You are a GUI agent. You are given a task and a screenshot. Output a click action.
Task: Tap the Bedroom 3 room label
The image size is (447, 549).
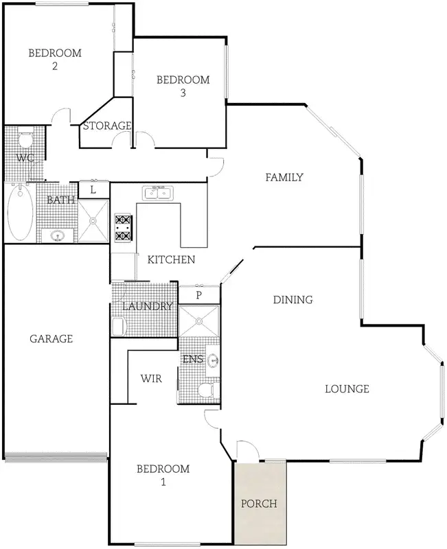(x=183, y=86)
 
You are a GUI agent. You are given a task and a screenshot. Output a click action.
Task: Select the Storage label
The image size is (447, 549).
(x=107, y=126)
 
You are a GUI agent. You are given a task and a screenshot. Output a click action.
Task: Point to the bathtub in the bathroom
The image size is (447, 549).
(x=20, y=213)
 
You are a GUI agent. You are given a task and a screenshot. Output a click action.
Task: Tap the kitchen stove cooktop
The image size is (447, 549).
(x=123, y=228)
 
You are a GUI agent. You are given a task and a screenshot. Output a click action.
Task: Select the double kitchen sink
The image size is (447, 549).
(x=158, y=194)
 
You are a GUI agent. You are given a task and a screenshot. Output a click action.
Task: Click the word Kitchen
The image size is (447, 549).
(x=171, y=260)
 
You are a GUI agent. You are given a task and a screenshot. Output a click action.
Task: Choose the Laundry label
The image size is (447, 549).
(x=148, y=306)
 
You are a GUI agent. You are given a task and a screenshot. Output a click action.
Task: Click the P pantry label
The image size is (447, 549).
(x=199, y=295)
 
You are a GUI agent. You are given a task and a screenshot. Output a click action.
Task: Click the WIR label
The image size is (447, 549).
(x=151, y=378)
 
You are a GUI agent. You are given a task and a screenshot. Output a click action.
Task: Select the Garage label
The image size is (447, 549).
(x=51, y=338)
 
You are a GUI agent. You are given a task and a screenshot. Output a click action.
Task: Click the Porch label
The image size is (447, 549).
(x=260, y=503)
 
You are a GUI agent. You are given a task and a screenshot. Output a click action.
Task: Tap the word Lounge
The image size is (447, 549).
(x=347, y=389)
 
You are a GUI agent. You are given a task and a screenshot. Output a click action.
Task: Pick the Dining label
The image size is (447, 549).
(x=293, y=299)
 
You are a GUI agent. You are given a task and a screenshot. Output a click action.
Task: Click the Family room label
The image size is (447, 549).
(x=284, y=177)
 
